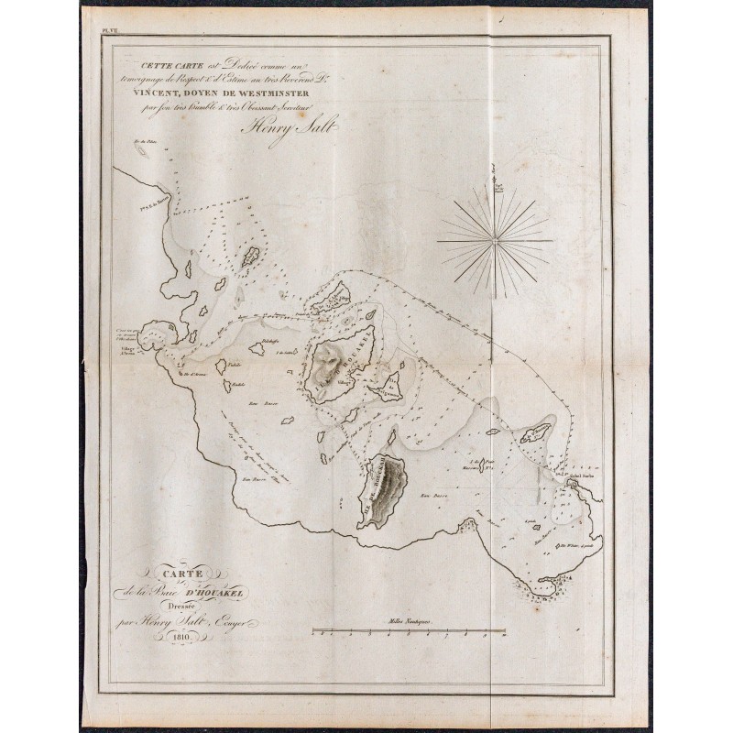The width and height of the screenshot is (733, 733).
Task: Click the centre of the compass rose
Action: pos(495,241)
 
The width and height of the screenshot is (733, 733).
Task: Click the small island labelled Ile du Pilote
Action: pos(144,149)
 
